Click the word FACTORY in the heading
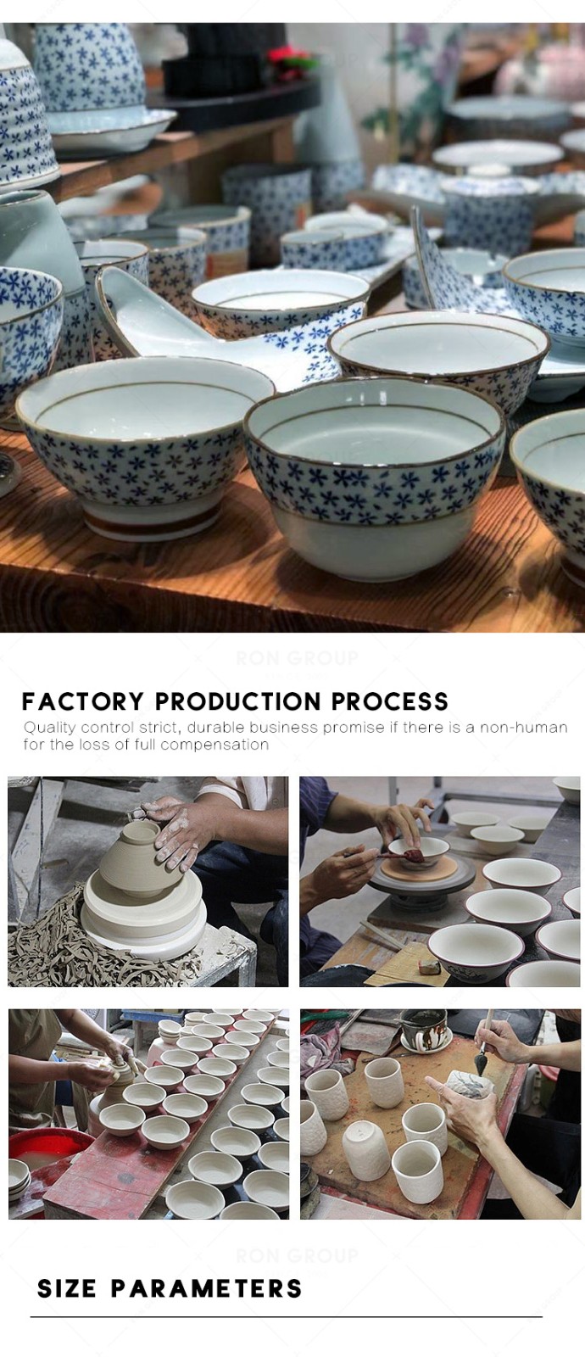pyautogui.click(x=82, y=701)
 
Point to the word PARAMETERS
pyautogui.click(x=206, y=1288)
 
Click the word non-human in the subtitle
pyautogui.click(x=524, y=727)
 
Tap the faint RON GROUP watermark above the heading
pyautogui.click(x=297, y=657)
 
